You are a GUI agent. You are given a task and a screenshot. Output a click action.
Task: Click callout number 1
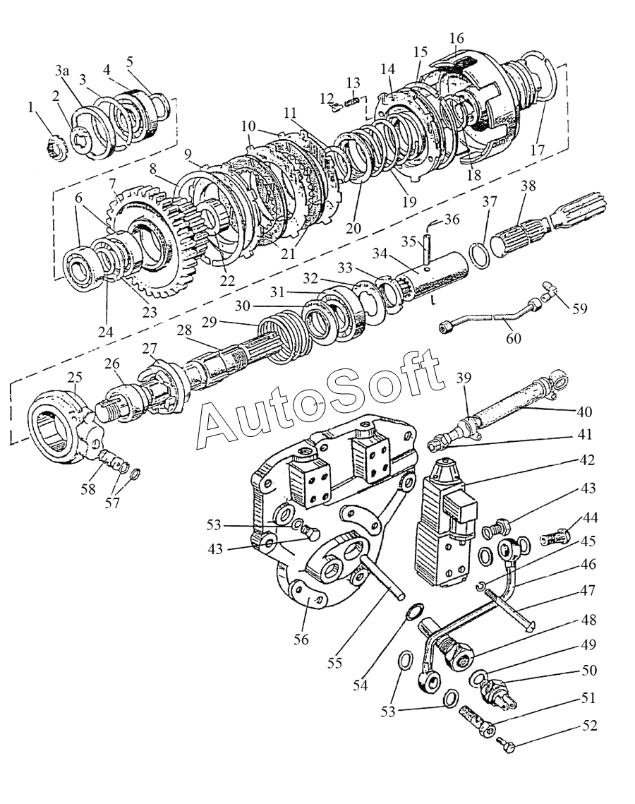click(x=30, y=107)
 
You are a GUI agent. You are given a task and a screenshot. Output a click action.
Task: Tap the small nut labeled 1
click(x=57, y=148)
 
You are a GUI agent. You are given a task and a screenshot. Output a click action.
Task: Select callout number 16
click(x=456, y=37)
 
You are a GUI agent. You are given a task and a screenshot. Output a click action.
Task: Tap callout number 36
click(x=452, y=220)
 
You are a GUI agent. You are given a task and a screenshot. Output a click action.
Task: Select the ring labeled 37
click(x=480, y=256)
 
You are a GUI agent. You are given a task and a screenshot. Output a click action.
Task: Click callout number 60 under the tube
click(x=513, y=339)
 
